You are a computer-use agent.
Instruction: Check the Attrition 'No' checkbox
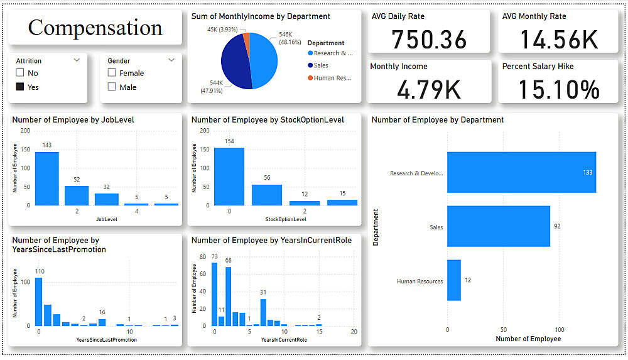(x=20, y=73)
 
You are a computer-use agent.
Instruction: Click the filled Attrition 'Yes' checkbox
(x=20, y=87)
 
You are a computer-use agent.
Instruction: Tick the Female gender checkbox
(x=112, y=73)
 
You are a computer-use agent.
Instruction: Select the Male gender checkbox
(x=112, y=87)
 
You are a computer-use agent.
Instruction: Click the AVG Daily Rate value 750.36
(x=429, y=40)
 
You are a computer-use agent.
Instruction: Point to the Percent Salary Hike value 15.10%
(x=558, y=90)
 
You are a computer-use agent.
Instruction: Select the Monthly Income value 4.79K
(x=429, y=90)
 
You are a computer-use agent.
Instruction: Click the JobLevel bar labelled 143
(x=47, y=178)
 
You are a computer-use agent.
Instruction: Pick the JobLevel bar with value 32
(x=107, y=199)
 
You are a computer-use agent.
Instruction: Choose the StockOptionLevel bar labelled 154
(x=229, y=176)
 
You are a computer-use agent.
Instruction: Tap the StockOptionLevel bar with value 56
(x=266, y=194)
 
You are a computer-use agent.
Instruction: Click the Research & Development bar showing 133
(x=521, y=172)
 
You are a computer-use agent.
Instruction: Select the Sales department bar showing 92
(x=499, y=226)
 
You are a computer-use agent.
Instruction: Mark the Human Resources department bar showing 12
(x=454, y=280)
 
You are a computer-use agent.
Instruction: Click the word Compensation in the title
(x=95, y=28)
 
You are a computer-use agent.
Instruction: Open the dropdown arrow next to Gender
(x=171, y=60)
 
